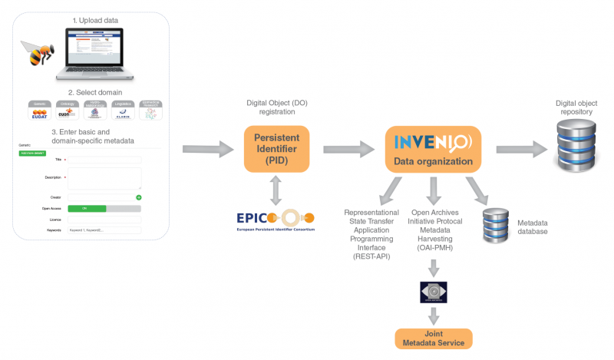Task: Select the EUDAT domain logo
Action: [39, 112]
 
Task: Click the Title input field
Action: [104, 160]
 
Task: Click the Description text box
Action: [104, 178]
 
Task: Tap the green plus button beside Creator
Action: [139, 197]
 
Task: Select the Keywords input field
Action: [104, 230]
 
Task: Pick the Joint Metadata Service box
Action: [434, 338]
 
